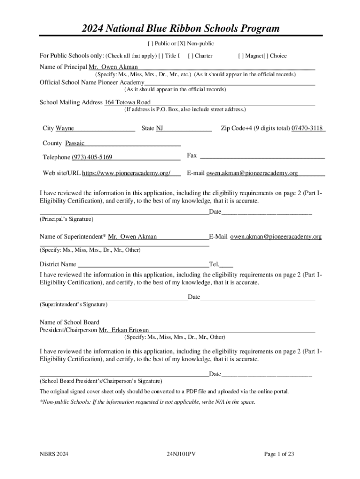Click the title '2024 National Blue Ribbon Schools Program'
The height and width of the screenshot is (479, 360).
click(x=180, y=29)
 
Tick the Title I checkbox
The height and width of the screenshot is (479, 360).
click(x=161, y=56)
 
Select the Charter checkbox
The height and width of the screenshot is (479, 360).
click(x=190, y=56)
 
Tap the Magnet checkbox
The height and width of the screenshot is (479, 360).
click(x=240, y=56)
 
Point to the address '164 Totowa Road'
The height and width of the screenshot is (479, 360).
click(x=127, y=102)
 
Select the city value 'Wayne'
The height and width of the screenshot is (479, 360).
click(x=65, y=129)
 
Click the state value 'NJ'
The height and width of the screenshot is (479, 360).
click(x=159, y=129)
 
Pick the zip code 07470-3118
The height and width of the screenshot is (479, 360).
click(x=307, y=129)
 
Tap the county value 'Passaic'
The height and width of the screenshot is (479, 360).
click(x=75, y=144)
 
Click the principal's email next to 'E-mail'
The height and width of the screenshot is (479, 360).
click(x=252, y=174)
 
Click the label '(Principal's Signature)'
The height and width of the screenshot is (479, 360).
click(x=66, y=219)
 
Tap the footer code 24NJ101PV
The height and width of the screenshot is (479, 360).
click(x=180, y=454)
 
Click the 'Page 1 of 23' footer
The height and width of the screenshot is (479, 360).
click(x=279, y=454)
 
